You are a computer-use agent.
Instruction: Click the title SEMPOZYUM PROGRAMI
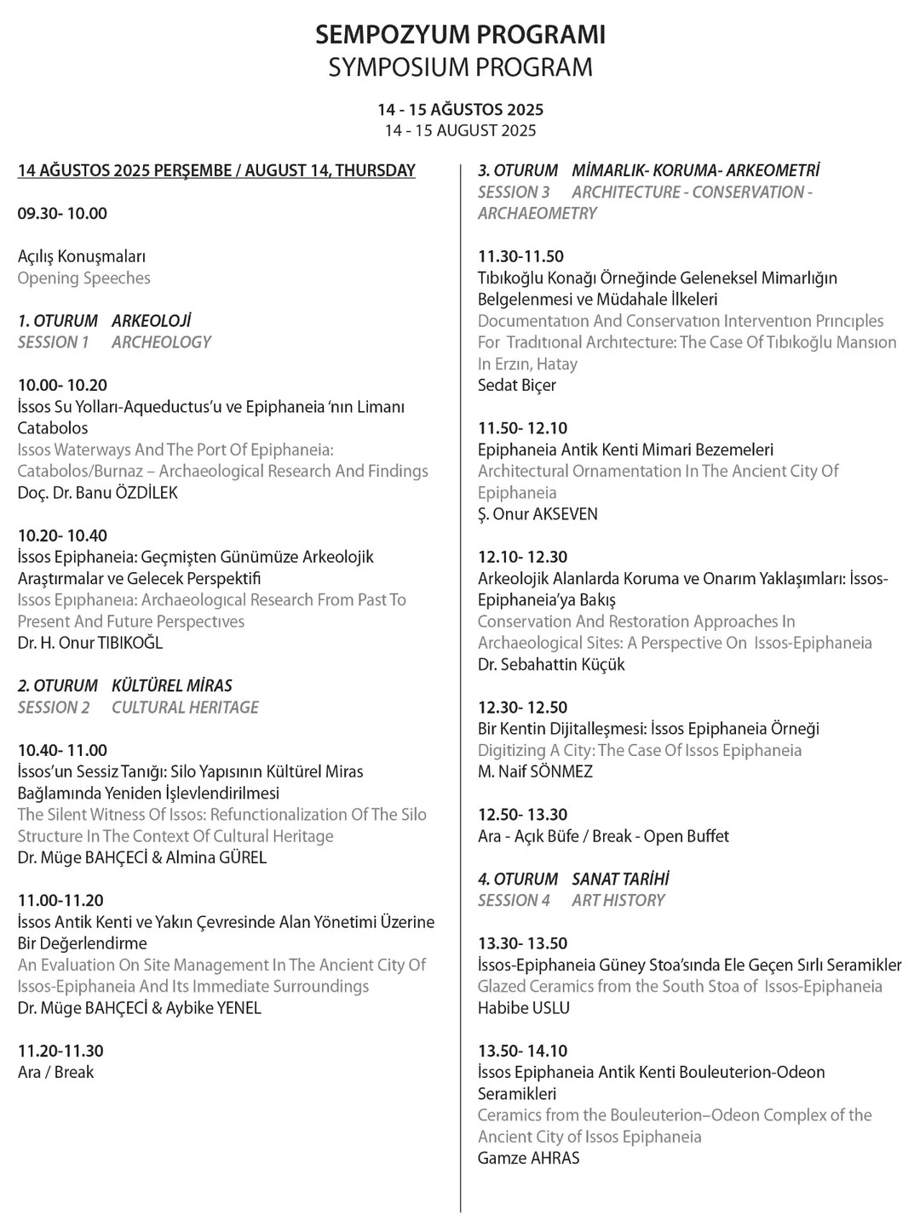click(460, 35)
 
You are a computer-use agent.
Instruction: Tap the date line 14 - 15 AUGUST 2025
click(460, 130)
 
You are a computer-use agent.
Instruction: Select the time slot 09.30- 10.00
click(62, 214)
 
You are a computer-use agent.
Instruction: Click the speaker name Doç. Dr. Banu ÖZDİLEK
click(98, 493)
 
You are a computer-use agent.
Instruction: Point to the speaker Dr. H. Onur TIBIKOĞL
click(90, 643)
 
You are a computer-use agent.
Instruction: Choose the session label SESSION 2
click(54, 708)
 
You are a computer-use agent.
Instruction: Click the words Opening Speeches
click(83, 278)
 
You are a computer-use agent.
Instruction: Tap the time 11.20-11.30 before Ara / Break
click(60, 1051)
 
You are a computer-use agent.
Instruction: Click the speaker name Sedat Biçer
click(516, 386)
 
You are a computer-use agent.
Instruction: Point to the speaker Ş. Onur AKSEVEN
click(538, 514)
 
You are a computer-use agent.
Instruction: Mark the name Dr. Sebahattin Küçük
click(551, 665)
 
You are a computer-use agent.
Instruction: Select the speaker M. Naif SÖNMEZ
click(535, 772)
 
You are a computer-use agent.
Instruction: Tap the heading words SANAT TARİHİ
click(620, 879)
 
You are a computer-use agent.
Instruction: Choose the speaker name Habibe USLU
click(523, 1008)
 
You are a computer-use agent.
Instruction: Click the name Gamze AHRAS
click(528, 1158)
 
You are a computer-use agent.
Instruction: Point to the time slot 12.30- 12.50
click(522, 708)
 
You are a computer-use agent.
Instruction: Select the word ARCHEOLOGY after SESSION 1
click(161, 342)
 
